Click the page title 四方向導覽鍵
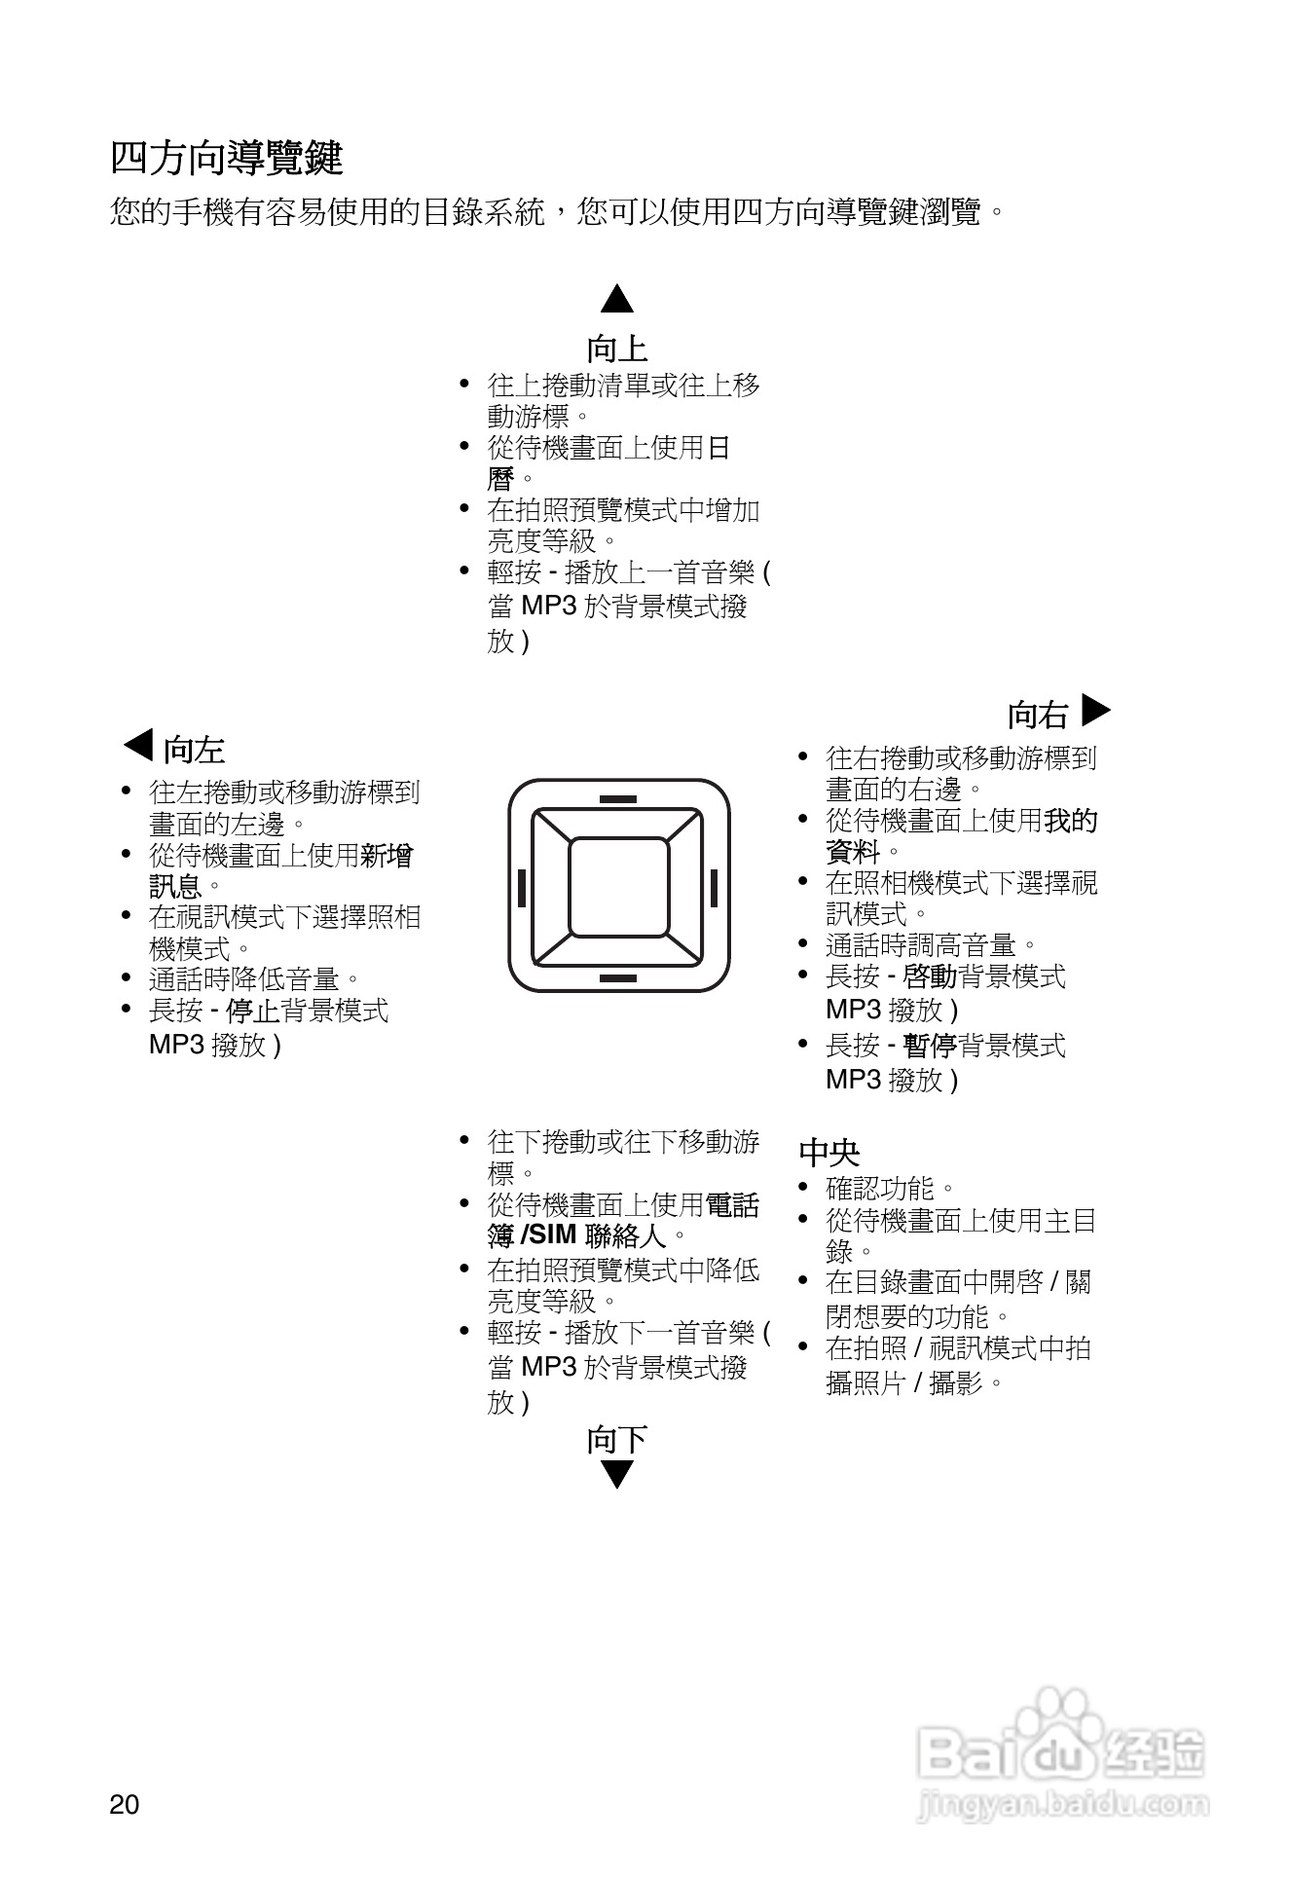point(226,158)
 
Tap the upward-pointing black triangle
point(617,299)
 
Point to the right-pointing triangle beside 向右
point(1095,711)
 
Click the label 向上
point(617,348)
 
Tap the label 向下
point(617,1439)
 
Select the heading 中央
point(829,1153)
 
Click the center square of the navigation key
point(619,886)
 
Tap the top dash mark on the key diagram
point(618,799)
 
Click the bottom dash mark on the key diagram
point(618,977)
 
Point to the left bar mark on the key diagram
point(522,888)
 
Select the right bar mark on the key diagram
point(714,888)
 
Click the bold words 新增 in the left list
point(387,856)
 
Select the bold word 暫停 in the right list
point(930,1046)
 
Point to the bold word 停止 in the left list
point(252,1011)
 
